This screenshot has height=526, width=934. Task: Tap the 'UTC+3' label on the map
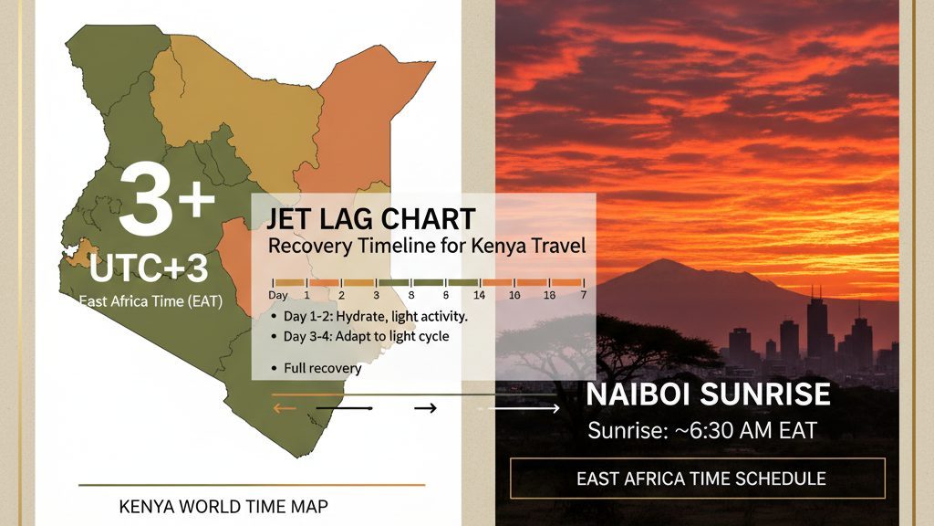[x=149, y=268]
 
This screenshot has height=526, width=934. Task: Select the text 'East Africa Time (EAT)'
[x=151, y=301]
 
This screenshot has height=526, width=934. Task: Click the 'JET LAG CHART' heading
[x=370, y=219]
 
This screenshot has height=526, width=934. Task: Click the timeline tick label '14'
[x=479, y=295]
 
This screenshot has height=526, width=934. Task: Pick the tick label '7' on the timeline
[x=584, y=295]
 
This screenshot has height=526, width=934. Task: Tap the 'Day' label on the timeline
[x=278, y=295]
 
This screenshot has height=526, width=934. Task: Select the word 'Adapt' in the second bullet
[x=352, y=336]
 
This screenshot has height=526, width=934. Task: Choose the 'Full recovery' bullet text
[x=322, y=368]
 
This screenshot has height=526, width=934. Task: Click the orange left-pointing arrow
[x=285, y=408]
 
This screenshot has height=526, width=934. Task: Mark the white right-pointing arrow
[x=519, y=408]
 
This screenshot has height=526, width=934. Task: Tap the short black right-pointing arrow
[x=425, y=408]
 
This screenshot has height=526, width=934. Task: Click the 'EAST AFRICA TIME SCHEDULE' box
[x=698, y=479]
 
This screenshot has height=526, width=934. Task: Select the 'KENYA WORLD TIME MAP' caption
[x=223, y=506]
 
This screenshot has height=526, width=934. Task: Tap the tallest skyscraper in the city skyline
[x=816, y=328]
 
